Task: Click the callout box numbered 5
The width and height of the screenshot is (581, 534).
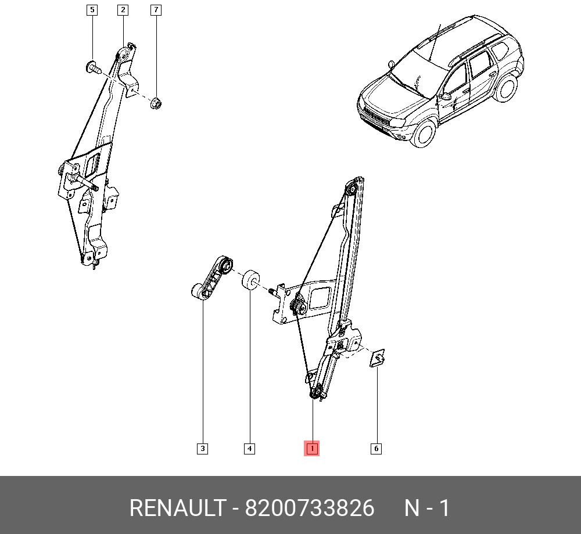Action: click(x=92, y=10)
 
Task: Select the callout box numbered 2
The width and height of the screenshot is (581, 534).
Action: click(x=123, y=10)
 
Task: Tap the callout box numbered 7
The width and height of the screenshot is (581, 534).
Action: click(x=156, y=10)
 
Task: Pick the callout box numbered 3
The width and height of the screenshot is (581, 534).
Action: click(x=202, y=449)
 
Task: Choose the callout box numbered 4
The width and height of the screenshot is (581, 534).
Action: click(x=249, y=449)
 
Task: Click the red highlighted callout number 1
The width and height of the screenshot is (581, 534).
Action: click(x=311, y=449)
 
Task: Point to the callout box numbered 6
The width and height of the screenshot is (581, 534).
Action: click(x=376, y=449)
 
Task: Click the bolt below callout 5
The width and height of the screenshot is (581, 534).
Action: click(x=93, y=67)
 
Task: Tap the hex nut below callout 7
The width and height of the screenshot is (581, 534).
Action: click(x=156, y=103)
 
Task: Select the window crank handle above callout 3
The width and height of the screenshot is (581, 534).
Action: click(x=212, y=277)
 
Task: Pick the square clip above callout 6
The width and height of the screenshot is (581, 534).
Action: click(x=377, y=358)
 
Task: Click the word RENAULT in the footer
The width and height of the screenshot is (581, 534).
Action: click(x=177, y=508)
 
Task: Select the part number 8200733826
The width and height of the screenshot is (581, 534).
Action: click(x=310, y=508)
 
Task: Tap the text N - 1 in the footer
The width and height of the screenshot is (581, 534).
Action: click(x=427, y=508)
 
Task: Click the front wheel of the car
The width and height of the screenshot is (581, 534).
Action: click(x=424, y=133)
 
